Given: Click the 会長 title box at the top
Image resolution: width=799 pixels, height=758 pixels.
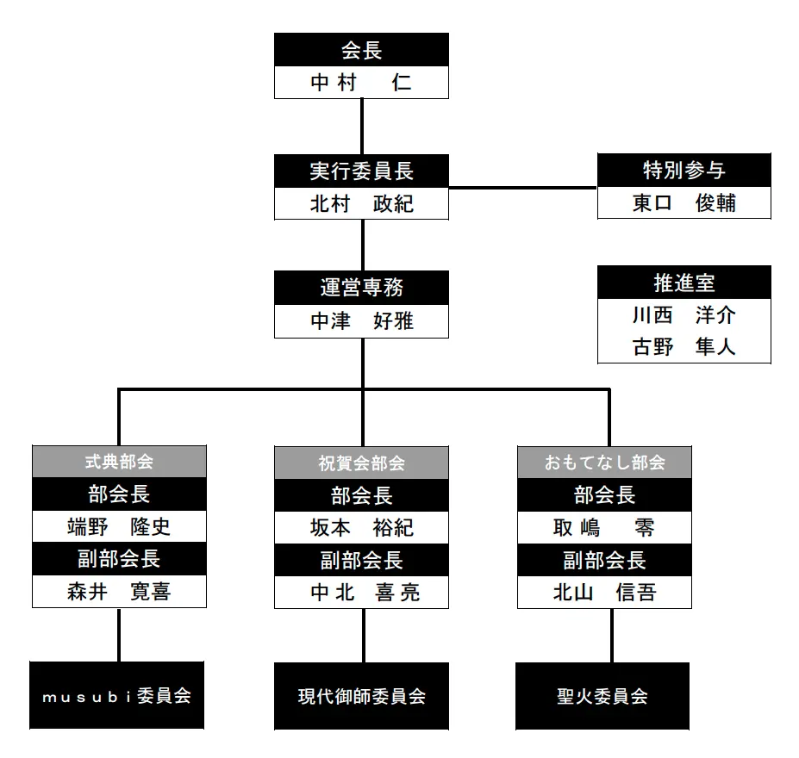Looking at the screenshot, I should coord(361,50).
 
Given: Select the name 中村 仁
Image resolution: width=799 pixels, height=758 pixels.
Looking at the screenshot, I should coord(361,83).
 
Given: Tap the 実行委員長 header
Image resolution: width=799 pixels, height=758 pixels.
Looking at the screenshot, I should coord(361,171).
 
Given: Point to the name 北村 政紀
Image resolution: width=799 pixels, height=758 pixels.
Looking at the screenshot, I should coord(361,204).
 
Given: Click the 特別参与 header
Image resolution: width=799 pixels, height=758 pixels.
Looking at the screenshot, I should coord(684,171).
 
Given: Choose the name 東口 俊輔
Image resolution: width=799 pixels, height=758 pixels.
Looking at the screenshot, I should coord(684,203).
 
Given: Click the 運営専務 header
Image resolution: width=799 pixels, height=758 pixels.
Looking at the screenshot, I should coord(361,288).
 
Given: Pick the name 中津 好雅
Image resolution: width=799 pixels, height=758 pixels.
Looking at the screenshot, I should coord(361,321).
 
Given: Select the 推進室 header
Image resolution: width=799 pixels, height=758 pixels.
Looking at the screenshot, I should coord(684,283).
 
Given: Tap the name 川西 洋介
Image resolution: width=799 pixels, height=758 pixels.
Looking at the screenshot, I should coord(684,315).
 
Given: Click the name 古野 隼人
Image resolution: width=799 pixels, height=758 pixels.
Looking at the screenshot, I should coord(684,347).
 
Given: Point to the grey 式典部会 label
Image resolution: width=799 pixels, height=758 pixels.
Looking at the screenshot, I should coord(119,462).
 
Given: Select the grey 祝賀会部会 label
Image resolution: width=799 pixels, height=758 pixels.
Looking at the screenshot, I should coord(361,463).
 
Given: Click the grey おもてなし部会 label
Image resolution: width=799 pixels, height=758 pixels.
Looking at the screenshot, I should coord(604,463).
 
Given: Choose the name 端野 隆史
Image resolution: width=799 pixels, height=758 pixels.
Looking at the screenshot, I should coord(119,526).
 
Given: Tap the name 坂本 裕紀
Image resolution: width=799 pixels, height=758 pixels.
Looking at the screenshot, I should coord(361,527).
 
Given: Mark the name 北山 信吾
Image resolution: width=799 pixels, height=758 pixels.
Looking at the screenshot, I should coord(604,593).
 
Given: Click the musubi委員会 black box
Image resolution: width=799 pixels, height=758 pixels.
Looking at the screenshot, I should coord(117,696).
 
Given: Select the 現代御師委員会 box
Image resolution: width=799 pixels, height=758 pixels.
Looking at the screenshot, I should coord(361,696).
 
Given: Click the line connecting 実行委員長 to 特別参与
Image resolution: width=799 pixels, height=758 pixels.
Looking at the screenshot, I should coord(522,187).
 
